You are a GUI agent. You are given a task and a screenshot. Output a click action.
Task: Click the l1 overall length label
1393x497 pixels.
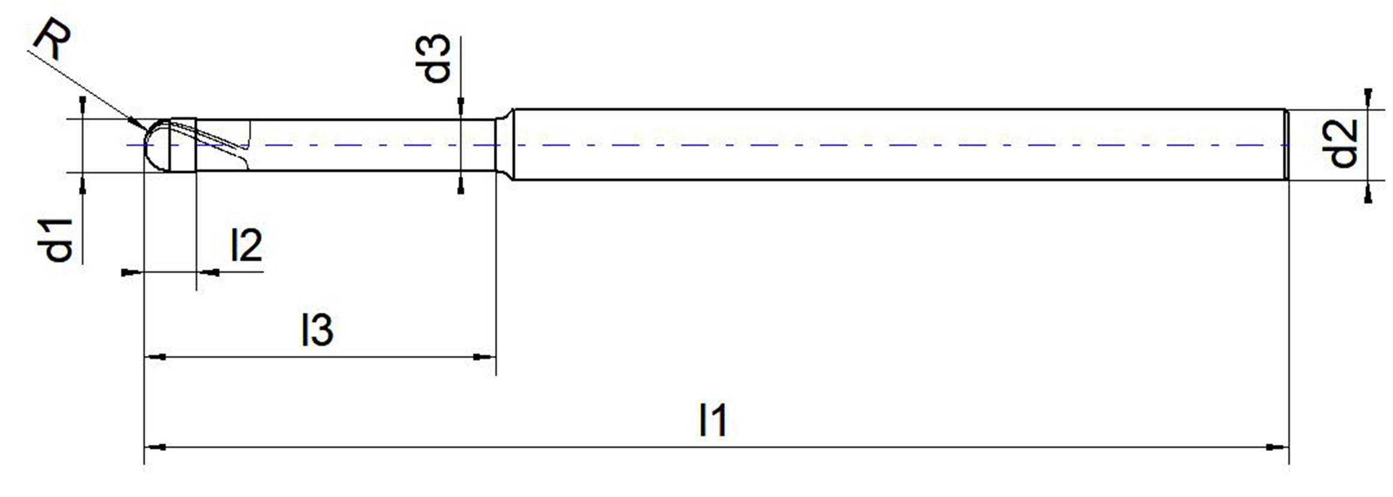pyautogui.click(x=713, y=420)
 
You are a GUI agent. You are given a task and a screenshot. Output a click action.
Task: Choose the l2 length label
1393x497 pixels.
pyautogui.click(x=247, y=244)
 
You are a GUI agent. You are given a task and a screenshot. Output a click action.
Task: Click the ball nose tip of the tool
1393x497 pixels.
pyautogui.click(x=145, y=145)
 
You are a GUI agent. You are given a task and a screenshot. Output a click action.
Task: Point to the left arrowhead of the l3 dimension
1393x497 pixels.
pyautogui.click(x=156, y=357)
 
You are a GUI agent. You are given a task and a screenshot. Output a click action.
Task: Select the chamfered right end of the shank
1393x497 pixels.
pyautogui.click(x=1286, y=145)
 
